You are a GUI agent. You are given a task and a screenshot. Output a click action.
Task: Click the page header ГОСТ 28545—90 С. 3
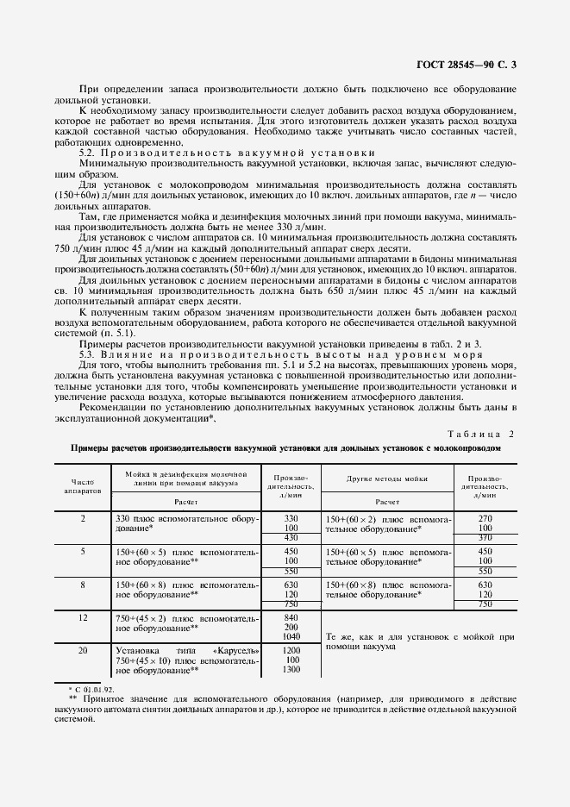click(x=479, y=63)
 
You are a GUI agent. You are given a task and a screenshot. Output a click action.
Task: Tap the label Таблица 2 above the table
click(x=481, y=433)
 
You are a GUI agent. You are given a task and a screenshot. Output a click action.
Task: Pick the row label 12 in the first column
click(x=84, y=618)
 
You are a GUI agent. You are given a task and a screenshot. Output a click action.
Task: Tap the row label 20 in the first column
click(x=84, y=649)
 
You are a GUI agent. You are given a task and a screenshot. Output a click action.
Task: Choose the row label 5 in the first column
click(x=84, y=551)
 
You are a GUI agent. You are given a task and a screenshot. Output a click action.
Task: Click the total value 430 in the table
click(x=291, y=538)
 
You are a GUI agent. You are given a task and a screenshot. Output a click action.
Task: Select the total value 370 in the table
click(x=485, y=538)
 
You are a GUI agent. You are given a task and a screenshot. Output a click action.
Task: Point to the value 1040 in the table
click(x=291, y=637)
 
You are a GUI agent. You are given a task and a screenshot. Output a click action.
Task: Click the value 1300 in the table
click(x=291, y=670)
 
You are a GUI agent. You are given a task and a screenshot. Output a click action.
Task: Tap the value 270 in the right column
click(x=485, y=518)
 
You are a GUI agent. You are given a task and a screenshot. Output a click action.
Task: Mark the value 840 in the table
click(x=291, y=617)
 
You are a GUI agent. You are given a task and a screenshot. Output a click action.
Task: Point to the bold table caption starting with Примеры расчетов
click(x=285, y=448)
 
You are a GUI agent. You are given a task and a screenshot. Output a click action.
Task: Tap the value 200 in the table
click(x=291, y=628)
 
